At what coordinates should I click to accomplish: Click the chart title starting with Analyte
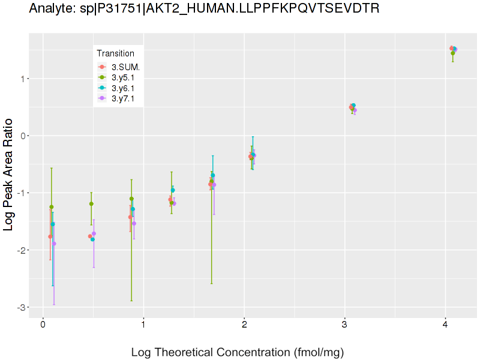(204, 8)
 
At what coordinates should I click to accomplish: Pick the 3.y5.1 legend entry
(123, 77)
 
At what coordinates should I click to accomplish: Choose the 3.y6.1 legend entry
(123, 88)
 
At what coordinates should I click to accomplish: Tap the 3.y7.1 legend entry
(123, 98)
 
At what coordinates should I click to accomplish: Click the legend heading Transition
(115, 53)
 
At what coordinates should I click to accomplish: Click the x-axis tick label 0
(43, 325)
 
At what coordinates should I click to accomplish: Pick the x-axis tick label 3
(344, 325)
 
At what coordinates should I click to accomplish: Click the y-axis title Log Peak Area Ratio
(10, 175)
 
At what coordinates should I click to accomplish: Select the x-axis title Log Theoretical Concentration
(237, 352)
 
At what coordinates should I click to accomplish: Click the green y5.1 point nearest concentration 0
(52, 207)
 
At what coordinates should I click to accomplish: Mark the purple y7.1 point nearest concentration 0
(54, 244)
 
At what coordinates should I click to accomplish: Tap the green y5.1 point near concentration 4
(453, 53)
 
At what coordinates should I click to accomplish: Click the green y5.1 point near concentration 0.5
(91, 204)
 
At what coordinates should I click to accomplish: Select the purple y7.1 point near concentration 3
(355, 110)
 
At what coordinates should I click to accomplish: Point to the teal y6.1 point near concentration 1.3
(173, 190)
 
